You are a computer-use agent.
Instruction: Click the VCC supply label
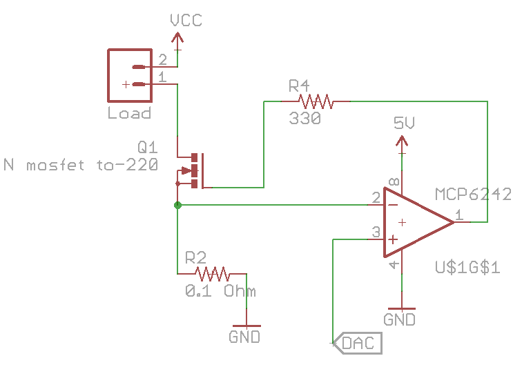pos(186,21)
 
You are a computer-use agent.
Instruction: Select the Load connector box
pos(129,75)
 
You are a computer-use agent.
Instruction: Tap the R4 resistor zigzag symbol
pos(316,102)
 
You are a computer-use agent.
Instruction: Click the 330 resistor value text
pos(305,119)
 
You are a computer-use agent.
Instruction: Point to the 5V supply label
pos(404,123)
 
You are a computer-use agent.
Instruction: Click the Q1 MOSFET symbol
pos(193,170)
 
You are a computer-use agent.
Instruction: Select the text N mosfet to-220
pos(80,165)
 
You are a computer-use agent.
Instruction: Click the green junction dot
pos(177,205)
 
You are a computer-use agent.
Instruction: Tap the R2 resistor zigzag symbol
pos(215,273)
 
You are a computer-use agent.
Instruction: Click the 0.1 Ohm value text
pos(220,291)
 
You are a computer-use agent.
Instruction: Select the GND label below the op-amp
pos(400,319)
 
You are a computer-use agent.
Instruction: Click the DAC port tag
pos(358,342)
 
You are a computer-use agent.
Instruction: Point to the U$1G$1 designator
pos(467,267)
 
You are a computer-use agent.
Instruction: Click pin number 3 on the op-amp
pos(376,232)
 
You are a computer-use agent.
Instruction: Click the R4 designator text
pos(299,86)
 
